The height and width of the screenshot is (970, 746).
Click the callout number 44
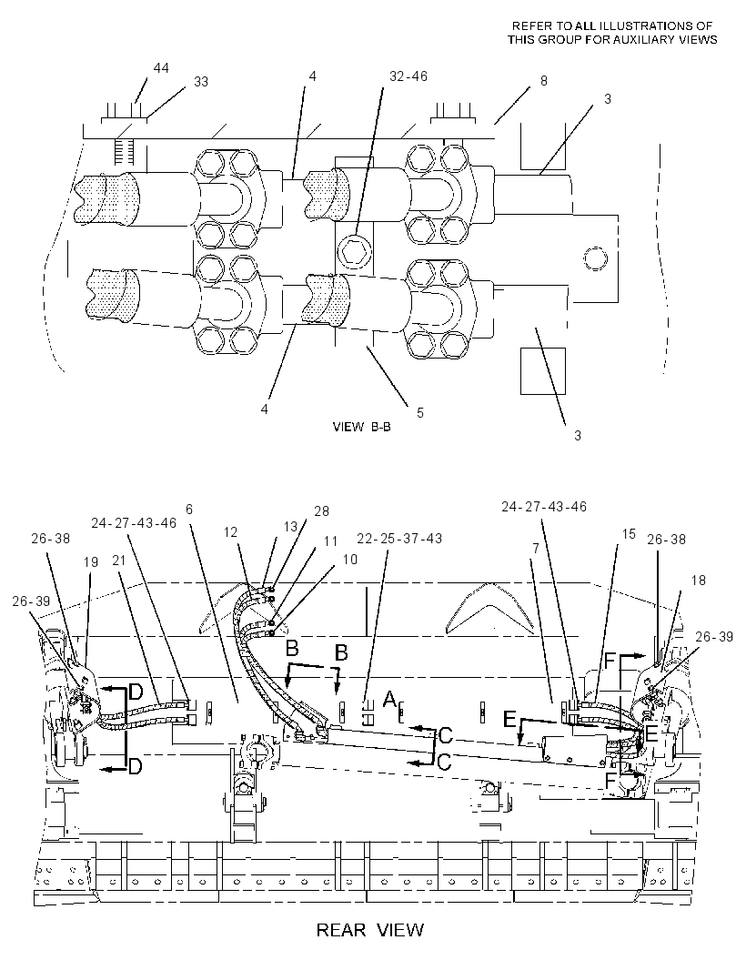point(161,67)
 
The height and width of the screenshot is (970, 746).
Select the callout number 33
point(201,82)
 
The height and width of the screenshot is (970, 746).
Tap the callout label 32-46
point(408,76)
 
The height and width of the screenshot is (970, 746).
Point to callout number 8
point(544,81)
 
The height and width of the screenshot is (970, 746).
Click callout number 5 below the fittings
point(420,412)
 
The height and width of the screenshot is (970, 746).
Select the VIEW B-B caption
point(362,427)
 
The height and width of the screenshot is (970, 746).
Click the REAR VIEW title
point(370,929)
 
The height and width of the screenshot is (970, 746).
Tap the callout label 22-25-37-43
point(399,539)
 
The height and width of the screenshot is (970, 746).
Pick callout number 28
point(322,511)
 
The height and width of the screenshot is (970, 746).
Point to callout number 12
point(231,532)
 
